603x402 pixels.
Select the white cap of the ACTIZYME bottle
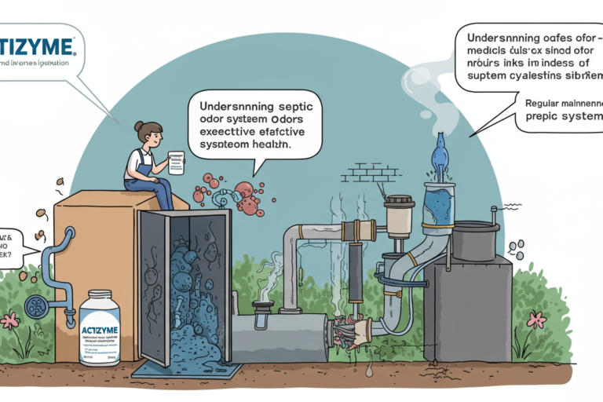[99, 298]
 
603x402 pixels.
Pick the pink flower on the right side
[536, 320]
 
